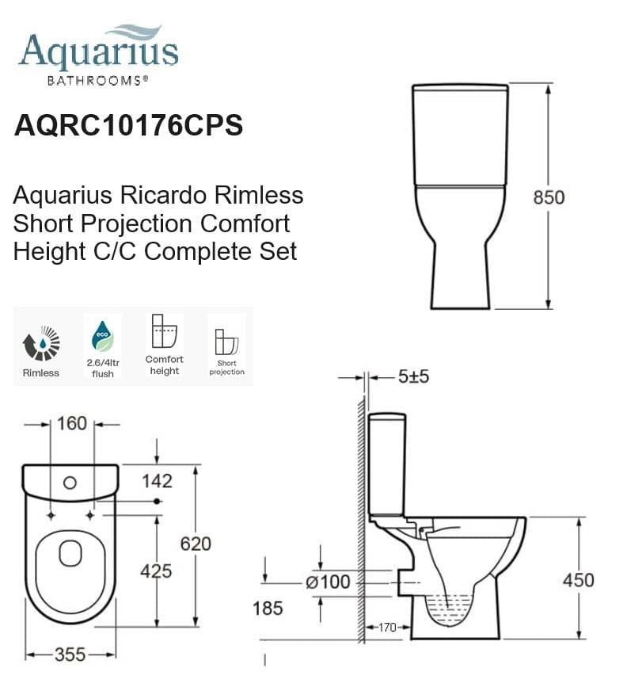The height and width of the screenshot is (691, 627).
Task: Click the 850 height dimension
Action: pyautogui.click(x=548, y=197)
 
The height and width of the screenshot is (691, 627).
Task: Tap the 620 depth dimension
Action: pyautogui.click(x=196, y=544)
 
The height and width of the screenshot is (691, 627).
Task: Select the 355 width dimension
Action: pyautogui.click(x=71, y=655)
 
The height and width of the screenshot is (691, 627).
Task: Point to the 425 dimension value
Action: pyautogui.click(x=156, y=570)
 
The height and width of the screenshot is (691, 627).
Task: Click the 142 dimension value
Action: pyautogui.click(x=157, y=481)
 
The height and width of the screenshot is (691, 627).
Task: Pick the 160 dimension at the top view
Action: pyautogui.click(x=71, y=424)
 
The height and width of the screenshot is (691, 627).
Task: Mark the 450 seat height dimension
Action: pyautogui.click(x=578, y=580)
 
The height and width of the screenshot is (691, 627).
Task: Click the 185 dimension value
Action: pyautogui.click(x=267, y=608)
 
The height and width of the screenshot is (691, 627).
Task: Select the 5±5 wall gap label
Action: pyautogui.click(x=412, y=377)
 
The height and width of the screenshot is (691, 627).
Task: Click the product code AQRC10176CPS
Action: pyautogui.click(x=128, y=126)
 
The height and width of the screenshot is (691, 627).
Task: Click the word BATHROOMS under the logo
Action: pyautogui.click(x=97, y=80)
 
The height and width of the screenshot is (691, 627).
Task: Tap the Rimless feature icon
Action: pyautogui.click(x=40, y=342)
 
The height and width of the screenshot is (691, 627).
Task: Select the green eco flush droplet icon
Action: pyautogui.click(x=102, y=335)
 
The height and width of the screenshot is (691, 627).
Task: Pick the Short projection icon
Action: pyautogui.click(x=226, y=342)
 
